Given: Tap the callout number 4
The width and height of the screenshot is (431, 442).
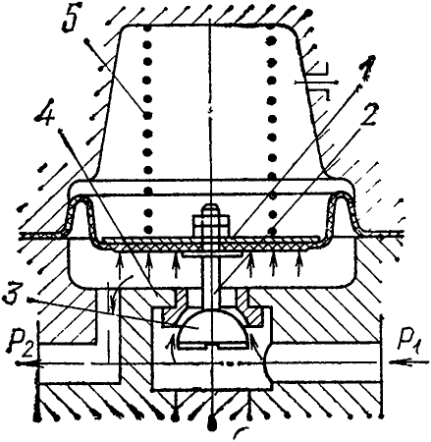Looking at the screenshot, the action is point(46,115).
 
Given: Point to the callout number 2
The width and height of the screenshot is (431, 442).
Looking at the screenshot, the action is point(369,115).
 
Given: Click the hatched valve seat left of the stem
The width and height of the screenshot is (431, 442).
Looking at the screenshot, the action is point(175,306).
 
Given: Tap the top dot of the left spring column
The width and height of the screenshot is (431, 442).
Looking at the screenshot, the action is point(148,28).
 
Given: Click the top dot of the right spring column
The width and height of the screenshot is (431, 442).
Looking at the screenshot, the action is point(271,40).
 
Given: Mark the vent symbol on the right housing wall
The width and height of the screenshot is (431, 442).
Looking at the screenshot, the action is point(317,82).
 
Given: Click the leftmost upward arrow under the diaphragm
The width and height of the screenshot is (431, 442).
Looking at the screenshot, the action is point(121,264).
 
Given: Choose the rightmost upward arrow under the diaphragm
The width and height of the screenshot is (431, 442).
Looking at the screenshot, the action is point(298,264).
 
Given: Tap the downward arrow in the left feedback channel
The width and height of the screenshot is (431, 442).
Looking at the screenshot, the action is point(112,297).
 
